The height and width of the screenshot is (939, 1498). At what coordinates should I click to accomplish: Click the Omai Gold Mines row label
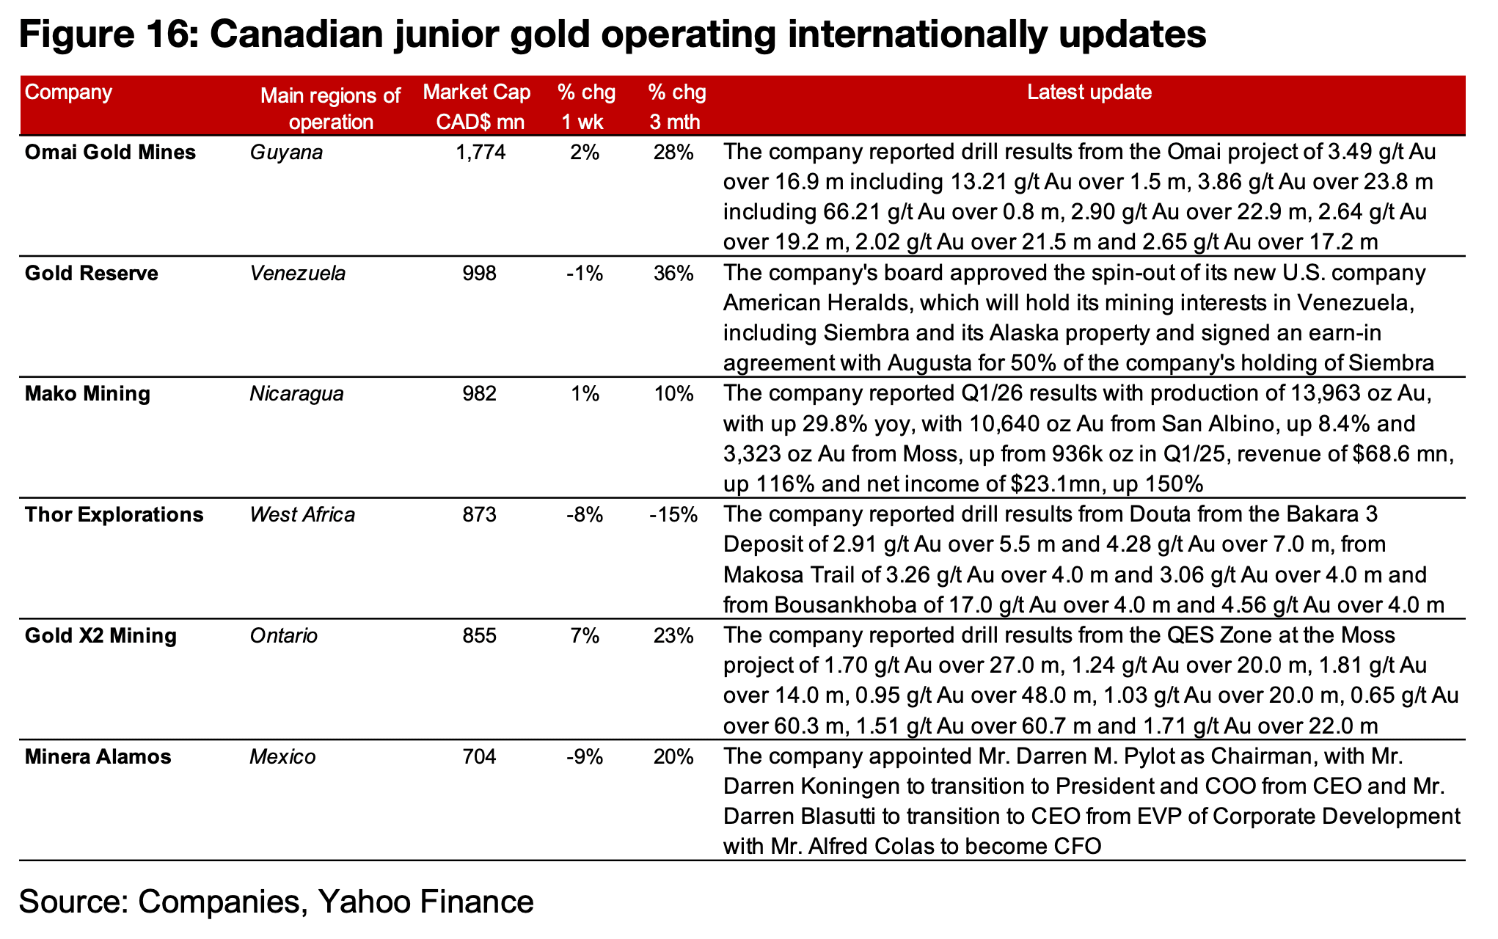click(110, 153)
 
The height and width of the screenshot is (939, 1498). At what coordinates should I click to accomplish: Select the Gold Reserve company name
click(92, 274)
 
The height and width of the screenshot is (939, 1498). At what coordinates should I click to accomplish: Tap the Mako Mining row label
click(87, 394)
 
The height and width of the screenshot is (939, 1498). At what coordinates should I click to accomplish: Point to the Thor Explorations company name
click(114, 515)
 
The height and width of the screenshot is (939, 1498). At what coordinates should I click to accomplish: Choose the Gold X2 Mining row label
click(101, 635)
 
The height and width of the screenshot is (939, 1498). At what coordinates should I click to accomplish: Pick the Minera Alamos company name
click(98, 756)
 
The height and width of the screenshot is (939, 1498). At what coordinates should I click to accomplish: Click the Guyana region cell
click(286, 153)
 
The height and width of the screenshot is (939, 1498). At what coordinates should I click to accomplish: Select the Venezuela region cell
click(297, 274)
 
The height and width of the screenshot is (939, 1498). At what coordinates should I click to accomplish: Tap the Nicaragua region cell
click(296, 394)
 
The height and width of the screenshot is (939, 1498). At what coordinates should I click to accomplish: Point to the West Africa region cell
click(302, 515)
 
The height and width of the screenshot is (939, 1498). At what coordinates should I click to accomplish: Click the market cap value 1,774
click(480, 153)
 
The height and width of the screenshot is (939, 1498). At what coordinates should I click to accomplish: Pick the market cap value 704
click(480, 756)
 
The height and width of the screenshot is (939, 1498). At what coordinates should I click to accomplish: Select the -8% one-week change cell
click(585, 515)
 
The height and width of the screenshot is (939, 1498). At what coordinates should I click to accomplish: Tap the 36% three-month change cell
click(673, 274)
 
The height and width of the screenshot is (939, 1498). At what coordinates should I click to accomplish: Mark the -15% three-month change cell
click(673, 515)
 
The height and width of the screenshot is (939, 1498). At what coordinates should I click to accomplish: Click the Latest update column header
click(1089, 92)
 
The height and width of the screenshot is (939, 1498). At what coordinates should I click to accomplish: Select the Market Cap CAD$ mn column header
click(477, 107)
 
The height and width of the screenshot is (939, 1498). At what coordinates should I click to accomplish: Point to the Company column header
click(68, 92)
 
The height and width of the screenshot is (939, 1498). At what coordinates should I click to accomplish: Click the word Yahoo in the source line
click(365, 901)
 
